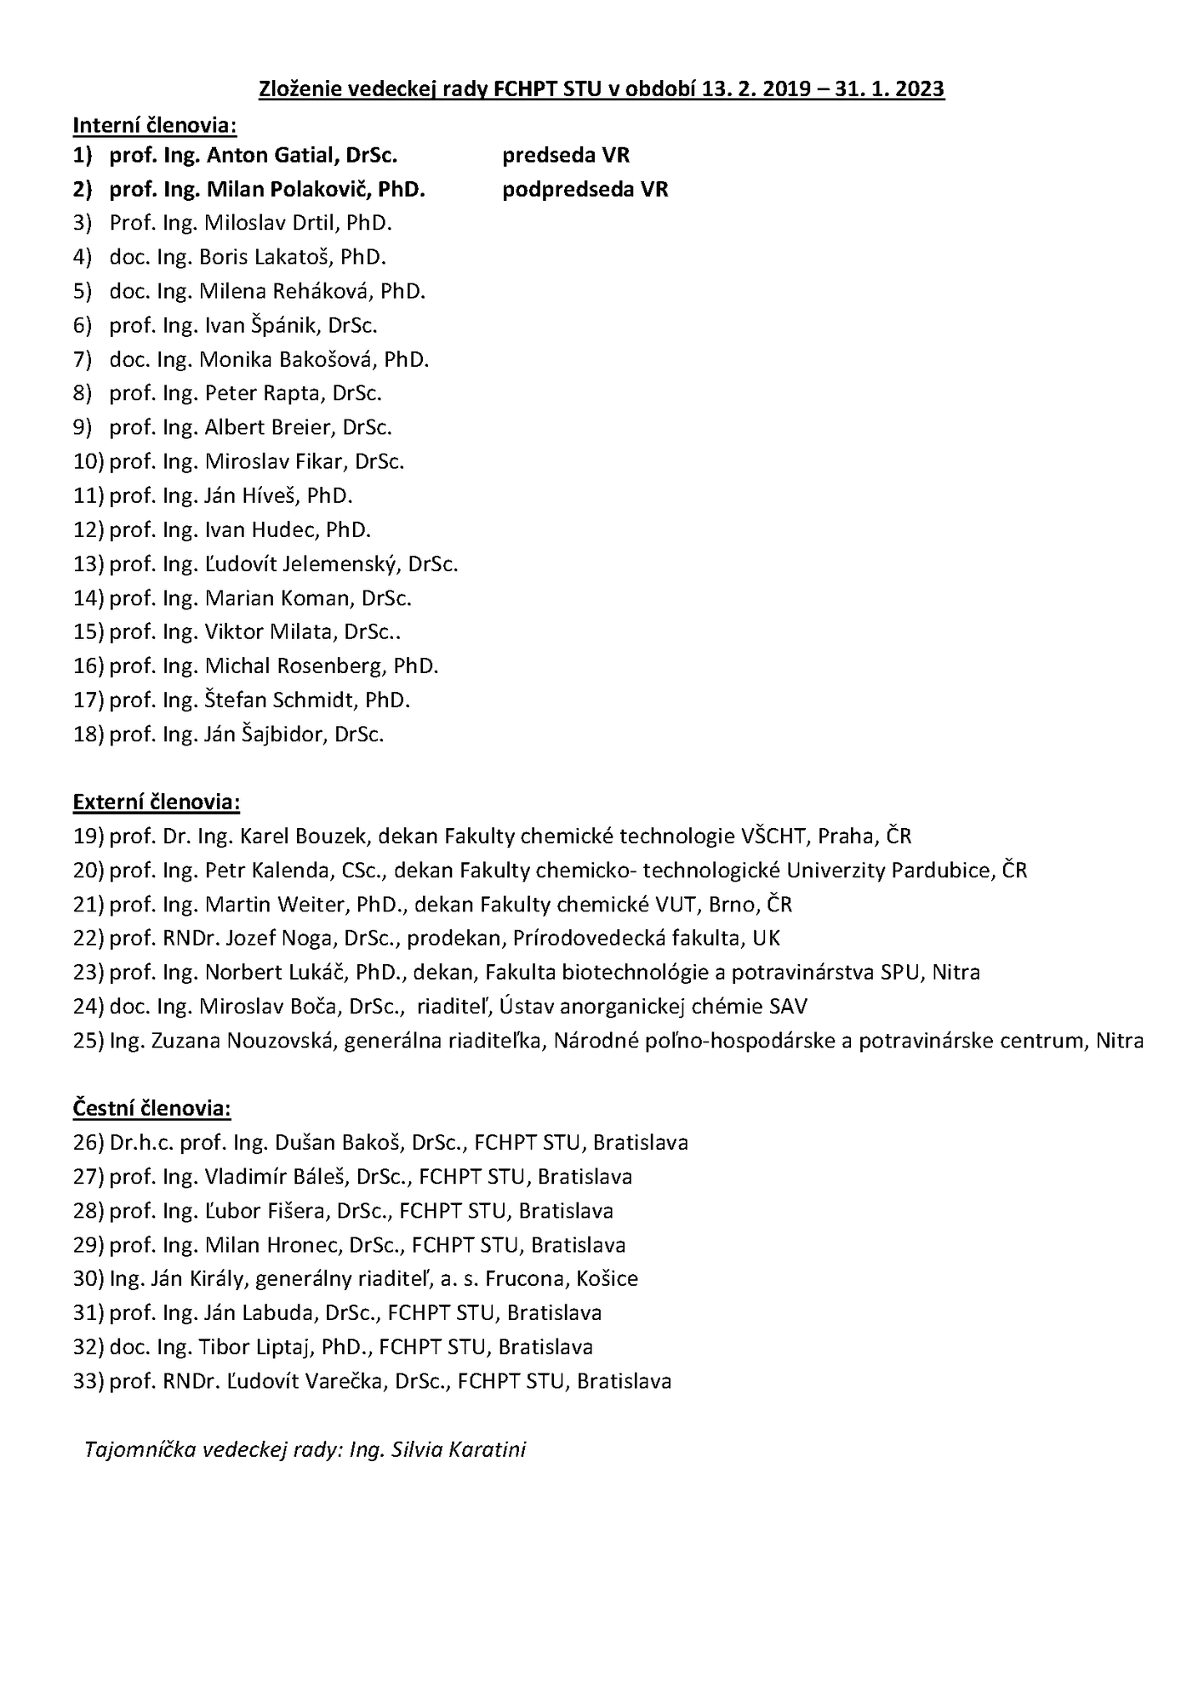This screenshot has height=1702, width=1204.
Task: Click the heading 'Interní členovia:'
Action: point(154,125)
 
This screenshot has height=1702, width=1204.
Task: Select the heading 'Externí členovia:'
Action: point(157,802)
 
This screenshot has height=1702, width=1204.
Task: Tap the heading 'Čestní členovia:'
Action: point(152,1108)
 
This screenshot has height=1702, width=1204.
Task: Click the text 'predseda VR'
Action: point(566,155)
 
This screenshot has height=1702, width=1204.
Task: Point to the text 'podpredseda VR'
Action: point(585,189)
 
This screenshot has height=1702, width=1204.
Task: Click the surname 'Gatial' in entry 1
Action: point(309,155)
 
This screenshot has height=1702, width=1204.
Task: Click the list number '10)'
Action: point(88,461)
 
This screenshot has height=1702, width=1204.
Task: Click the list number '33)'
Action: point(88,1380)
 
